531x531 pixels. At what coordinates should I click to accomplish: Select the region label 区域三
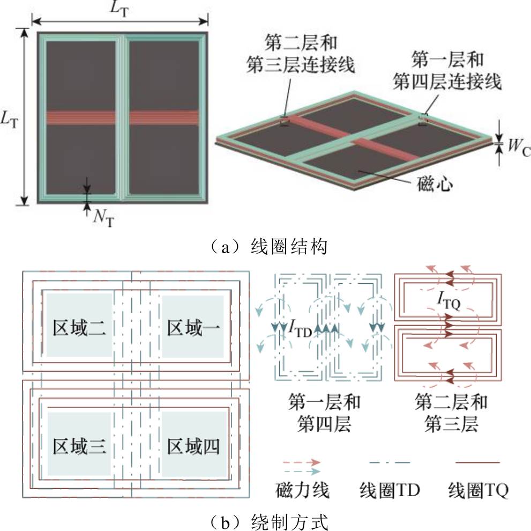(x=79, y=446)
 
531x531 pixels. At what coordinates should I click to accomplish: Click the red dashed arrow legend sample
(x=301, y=461)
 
